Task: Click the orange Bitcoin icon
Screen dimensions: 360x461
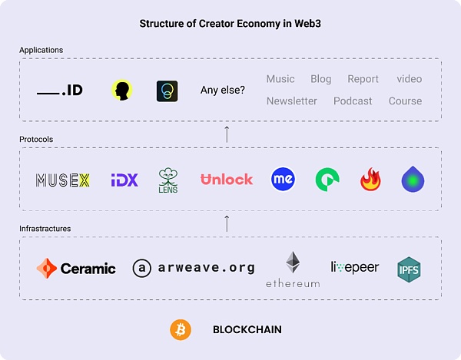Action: (181, 330)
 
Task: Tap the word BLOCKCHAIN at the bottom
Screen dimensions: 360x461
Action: (247, 330)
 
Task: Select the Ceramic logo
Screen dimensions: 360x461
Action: (76, 268)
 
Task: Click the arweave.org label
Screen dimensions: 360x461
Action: (193, 268)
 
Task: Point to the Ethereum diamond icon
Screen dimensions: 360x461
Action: (293, 263)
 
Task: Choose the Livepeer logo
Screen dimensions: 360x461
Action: (355, 267)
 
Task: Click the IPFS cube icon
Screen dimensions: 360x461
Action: (409, 269)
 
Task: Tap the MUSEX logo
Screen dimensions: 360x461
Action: (63, 180)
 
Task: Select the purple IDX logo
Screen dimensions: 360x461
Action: (124, 180)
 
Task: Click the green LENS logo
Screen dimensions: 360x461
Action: (168, 180)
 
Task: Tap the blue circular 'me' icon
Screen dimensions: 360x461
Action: (283, 180)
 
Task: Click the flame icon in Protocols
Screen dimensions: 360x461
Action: (371, 180)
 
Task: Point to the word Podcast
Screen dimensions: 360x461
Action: (353, 101)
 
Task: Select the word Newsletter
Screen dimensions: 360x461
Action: (292, 101)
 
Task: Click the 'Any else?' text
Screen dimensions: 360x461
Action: (223, 90)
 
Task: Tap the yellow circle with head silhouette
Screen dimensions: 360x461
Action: (121, 91)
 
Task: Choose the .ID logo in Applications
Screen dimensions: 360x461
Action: (60, 91)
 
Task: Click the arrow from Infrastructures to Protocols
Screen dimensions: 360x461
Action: (227, 223)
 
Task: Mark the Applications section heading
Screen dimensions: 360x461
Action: (41, 50)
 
